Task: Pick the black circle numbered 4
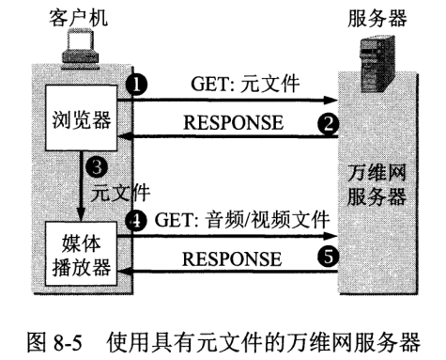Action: tap(138, 224)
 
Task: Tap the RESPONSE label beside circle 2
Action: tap(231, 121)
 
